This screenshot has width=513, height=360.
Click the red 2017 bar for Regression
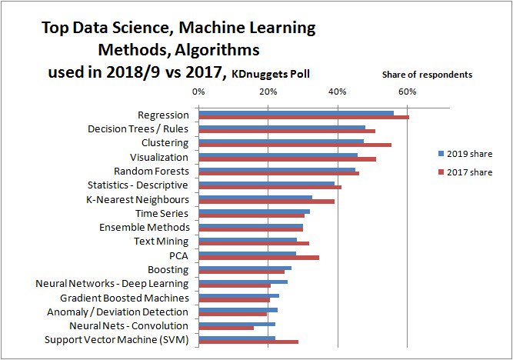point(304,118)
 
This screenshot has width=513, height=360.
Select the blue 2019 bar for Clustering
point(281,141)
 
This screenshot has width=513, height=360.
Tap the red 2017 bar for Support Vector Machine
point(248,342)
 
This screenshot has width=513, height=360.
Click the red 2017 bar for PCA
point(258,257)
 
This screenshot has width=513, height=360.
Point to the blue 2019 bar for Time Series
point(254,211)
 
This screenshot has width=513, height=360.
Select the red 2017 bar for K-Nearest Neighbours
point(266,201)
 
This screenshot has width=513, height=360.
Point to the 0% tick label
point(198,92)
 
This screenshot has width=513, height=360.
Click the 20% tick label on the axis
point(268,92)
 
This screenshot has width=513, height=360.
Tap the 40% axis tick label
point(338,92)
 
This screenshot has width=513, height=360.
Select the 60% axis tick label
point(407,92)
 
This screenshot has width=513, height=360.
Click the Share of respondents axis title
point(427,75)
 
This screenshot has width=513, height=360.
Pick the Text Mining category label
point(162,242)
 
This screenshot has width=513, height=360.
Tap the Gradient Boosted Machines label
point(125,298)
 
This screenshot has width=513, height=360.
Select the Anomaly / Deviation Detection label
point(118,312)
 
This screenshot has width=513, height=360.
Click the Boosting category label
point(168,269)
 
